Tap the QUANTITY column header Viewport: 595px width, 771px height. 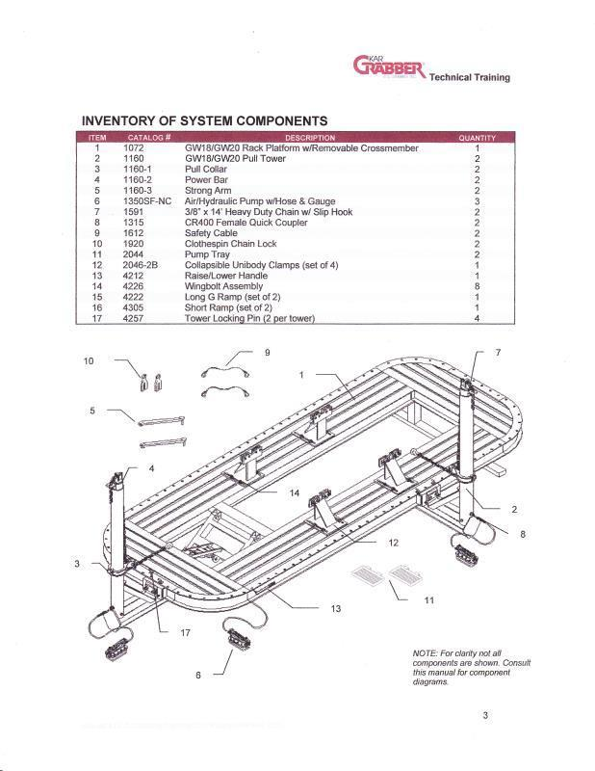477,138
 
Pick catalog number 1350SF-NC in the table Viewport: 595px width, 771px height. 146,201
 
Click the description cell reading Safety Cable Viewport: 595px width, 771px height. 212,233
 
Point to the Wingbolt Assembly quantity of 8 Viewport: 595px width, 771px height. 477,286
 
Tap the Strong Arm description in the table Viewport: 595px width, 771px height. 209,191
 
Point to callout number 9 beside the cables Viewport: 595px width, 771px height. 268,352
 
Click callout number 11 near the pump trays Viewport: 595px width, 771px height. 429,600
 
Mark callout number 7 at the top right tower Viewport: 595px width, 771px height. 498,353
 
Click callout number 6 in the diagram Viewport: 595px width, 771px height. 198,676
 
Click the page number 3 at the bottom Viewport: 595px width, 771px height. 487,714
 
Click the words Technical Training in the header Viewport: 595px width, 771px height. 470,77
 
